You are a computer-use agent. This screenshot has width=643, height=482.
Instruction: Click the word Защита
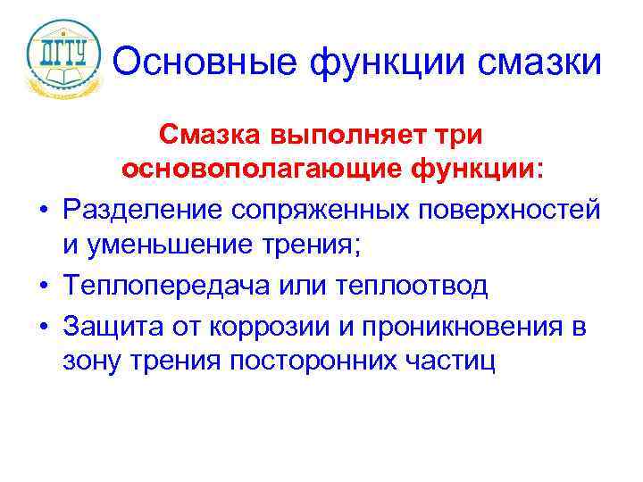click(x=110, y=327)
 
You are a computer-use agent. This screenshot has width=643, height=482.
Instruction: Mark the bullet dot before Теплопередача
click(x=43, y=288)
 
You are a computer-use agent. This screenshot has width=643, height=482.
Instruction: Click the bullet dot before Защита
click(x=43, y=328)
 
